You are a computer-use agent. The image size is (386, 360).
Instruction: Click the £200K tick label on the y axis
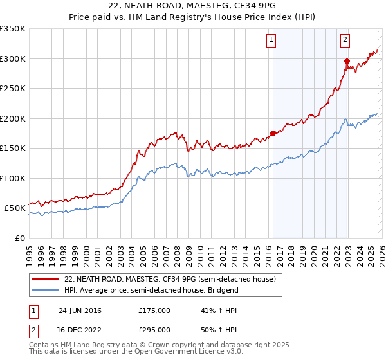(13, 118)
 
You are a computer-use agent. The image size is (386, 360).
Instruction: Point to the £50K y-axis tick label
(15, 208)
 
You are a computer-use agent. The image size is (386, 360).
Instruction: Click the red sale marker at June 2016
(273, 133)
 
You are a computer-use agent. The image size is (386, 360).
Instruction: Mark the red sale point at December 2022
(346, 62)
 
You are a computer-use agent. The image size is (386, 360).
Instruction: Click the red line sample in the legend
(46, 279)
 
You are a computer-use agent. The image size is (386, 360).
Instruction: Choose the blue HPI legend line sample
(46, 290)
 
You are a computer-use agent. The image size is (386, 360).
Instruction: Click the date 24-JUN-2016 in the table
(80, 310)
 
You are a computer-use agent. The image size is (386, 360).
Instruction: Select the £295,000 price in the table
(154, 329)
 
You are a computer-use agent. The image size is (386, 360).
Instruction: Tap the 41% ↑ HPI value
(215, 310)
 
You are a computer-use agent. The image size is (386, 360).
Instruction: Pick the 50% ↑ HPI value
(215, 329)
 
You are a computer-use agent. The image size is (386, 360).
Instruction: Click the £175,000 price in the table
(154, 310)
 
